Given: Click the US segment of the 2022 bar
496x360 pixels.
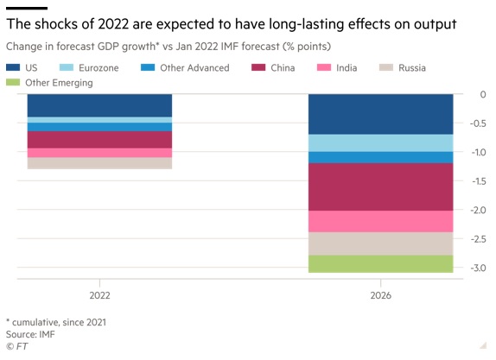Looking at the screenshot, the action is pyautogui.click(x=99, y=105).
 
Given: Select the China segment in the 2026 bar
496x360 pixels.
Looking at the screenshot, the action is pyautogui.click(x=380, y=186).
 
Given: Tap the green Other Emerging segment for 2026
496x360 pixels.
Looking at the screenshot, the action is pyautogui.click(x=380, y=264).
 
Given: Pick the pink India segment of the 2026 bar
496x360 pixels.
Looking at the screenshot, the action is pyautogui.click(x=380, y=222).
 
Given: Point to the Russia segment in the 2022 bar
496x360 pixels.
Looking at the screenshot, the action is pyautogui.click(x=99, y=163).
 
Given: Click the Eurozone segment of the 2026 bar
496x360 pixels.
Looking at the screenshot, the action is pyautogui.click(x=380, y=143).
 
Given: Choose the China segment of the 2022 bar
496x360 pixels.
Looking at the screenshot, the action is pyautogui.click(x=99, y=140).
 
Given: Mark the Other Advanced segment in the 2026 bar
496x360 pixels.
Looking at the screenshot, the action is pyautogui.click(x=380, y=157).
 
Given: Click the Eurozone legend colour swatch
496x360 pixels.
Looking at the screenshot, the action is pyautogui.click(x=67, y=67).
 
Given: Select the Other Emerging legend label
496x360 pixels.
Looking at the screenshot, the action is pyautogui.click(x=59, y=83).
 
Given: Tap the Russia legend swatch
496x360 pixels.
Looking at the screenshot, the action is pyautogui.click(x=386, y=67).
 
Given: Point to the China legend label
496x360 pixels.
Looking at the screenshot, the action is pyautogui.click(x=283, y=67).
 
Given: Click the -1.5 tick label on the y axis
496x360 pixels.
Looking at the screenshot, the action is pyautogui.click(x=479, y=181).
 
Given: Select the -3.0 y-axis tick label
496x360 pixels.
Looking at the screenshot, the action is pyautogui.click(x=479, y=268).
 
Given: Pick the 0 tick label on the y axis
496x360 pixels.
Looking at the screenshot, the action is pyautogui.click(x=483, y=94).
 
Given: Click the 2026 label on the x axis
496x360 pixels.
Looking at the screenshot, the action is pyautogui.click(x=381, y=295).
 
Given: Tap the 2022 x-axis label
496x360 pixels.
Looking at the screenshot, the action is pyautogui.click(x=100, y=295).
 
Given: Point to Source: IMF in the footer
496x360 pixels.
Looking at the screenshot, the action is pyautogui.click(x=30, y=334).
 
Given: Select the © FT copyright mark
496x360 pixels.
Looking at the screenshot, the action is pyautogui.click(x=16, y=346).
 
